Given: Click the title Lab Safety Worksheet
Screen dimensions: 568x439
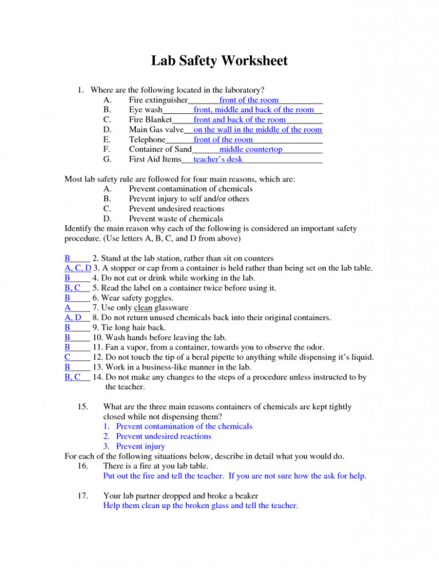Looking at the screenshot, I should point(219,61).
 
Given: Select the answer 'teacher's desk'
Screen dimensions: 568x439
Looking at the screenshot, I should point(218,159).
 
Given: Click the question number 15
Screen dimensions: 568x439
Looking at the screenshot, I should point(82,407).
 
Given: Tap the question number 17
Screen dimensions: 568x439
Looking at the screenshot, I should point(82,495).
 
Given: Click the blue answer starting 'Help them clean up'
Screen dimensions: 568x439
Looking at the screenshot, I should point(200,505).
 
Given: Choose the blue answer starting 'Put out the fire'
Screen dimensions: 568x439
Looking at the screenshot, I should point(234,475).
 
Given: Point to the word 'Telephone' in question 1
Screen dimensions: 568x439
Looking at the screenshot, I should point(147,139).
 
